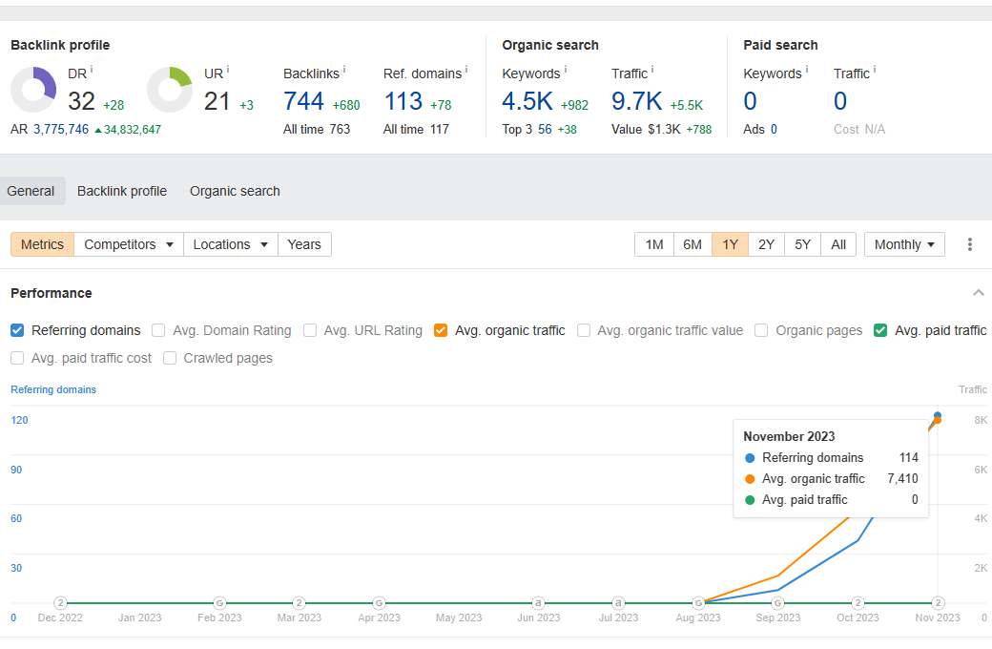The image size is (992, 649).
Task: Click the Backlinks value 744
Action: point(303,101)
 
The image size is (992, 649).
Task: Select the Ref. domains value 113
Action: point(403,101)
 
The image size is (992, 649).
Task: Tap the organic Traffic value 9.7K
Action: point(636,101)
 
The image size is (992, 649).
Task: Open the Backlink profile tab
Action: point(122,191)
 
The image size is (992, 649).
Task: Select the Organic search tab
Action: point(235,191)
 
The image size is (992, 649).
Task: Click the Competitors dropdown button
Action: point(129,244)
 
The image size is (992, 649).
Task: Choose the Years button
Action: point(304,244)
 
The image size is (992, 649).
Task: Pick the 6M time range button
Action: point(692,244)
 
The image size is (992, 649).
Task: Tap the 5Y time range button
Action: point(802,244)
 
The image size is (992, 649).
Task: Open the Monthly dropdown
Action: point(904,244)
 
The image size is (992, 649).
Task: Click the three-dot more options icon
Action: point(970,244)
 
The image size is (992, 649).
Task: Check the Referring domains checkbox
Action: point(17,330)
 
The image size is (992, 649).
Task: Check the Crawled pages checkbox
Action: point(170,358)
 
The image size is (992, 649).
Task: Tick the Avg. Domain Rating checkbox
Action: point(158,330)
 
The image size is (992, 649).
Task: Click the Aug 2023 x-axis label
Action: point(698,618)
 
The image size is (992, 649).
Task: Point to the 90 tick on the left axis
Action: point(16,470)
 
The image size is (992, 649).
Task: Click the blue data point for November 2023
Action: point(938,415)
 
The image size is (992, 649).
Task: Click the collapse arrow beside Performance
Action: point(978,292)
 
